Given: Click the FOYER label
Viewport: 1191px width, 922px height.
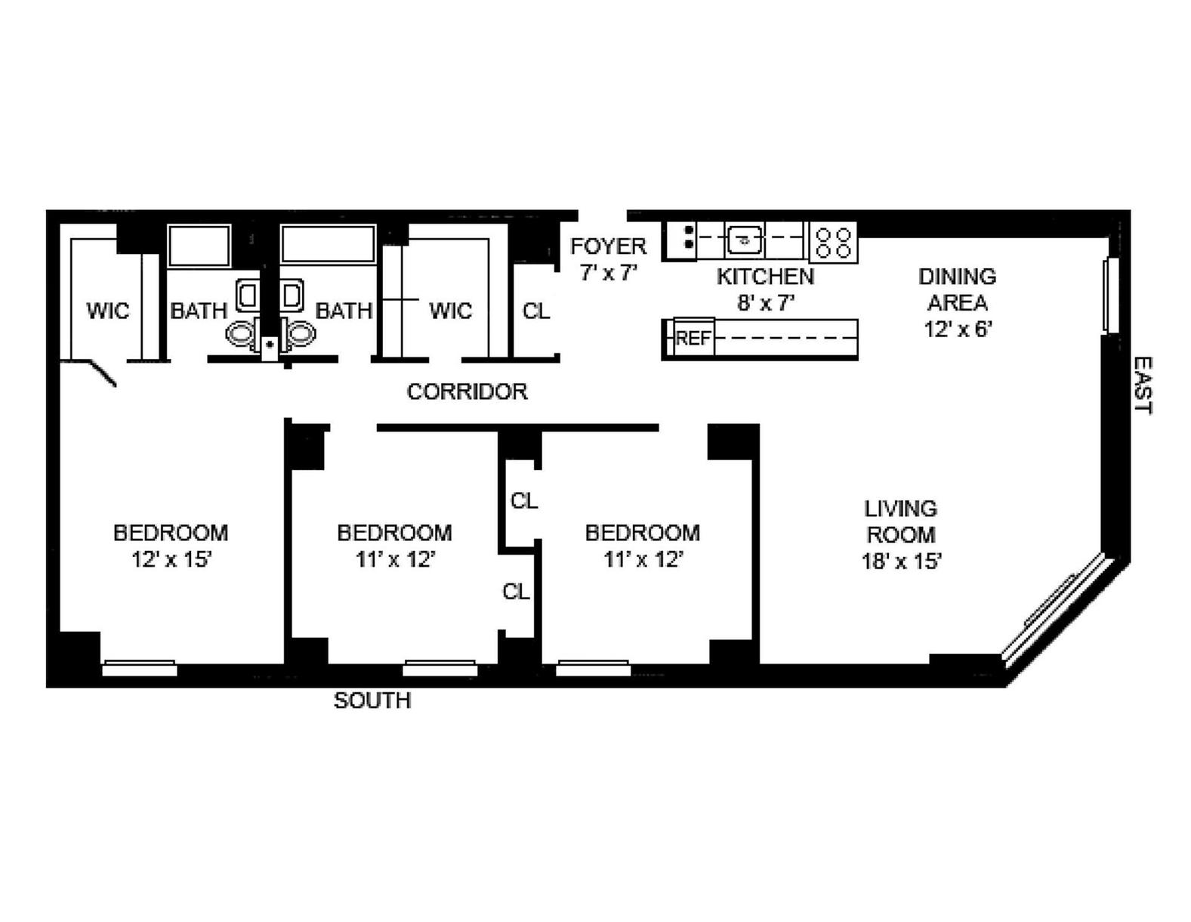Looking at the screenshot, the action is (x=608, y=246).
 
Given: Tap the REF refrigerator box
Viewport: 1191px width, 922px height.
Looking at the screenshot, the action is (x=693, y=338).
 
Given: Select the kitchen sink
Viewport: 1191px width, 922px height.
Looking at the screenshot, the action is (x=745, y=241).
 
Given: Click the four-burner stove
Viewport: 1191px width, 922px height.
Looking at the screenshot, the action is (x=834, y=242).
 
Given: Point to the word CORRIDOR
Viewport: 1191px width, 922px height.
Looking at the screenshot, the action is (x=467, y=391).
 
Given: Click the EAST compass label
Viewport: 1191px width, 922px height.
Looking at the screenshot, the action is (x=1143, y=385).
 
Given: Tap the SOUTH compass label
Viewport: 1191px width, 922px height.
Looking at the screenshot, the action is (x=372, y=701).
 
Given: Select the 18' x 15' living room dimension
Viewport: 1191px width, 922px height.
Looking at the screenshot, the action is (x=901, y=562).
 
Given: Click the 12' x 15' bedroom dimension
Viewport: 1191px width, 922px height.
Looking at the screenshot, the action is (x=171, y=560).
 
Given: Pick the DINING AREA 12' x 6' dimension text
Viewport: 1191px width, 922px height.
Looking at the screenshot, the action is (x=957, y=329).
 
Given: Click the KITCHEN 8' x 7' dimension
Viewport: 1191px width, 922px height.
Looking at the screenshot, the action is (x=765, y=303).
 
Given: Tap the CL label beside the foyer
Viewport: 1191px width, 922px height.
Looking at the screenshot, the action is (x=536, y=311).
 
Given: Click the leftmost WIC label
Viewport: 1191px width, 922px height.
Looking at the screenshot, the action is (x=107, y=311).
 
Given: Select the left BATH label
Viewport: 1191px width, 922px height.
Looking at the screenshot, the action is (x=198, y=311).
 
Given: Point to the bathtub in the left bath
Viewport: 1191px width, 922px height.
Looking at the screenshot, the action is (x=199, y=246).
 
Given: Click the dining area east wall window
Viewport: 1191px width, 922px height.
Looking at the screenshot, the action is (x=1109, y=295).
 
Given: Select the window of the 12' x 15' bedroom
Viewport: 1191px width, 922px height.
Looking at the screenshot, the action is (x=140, y=668).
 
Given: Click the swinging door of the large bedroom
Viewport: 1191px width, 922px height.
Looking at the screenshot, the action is (x=103, y=373).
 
